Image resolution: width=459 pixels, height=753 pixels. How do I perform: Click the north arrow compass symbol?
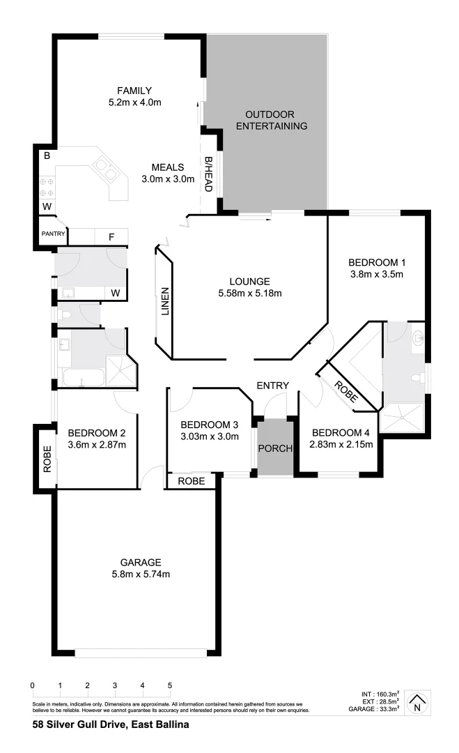click(x=417, y=702)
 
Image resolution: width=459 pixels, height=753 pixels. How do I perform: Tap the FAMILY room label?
click(x=134, y=91)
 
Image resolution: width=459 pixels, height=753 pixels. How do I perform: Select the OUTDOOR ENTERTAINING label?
click(x=271, y=120)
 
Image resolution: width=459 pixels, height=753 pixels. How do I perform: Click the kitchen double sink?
click(x=106, y=167)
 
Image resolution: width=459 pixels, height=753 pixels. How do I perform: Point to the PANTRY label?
click(x=53, y=234)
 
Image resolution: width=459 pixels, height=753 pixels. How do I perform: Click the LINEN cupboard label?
click(x=165, y=301)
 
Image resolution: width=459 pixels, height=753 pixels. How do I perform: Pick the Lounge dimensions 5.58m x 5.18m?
click(x=249, y=294)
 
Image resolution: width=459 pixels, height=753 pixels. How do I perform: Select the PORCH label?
click(x=274, y=448)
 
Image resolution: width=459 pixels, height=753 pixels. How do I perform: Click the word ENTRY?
click(x=272, y=386)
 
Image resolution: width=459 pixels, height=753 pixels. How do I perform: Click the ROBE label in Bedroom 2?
click(x=47, y=459)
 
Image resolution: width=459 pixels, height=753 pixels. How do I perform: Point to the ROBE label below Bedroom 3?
click(x=191, y=481)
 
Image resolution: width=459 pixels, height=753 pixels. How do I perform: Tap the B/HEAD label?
click(x=208, y=174)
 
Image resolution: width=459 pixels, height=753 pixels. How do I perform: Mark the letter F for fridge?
click(x=111, y=237)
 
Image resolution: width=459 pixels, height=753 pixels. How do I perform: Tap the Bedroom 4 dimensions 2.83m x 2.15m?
click(x=341, y=444)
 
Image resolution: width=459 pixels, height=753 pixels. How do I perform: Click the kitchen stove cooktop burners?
click(x=47, y=186)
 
